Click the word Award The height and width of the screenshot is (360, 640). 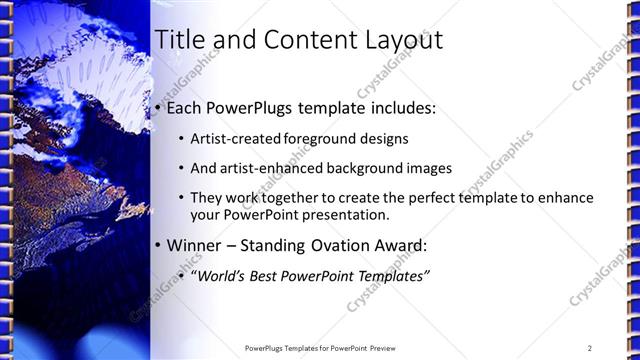[402, 245]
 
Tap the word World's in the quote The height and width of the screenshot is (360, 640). [221, 276]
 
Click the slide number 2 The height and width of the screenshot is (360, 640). [590, 347]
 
